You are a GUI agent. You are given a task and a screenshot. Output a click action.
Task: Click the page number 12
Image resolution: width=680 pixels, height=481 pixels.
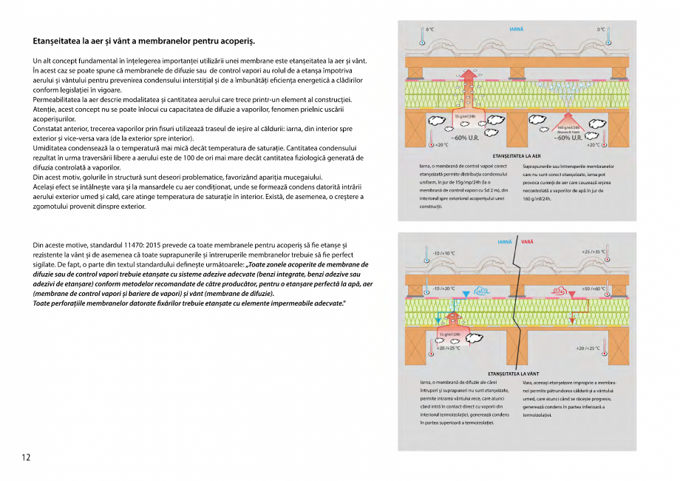[x=26, y=457]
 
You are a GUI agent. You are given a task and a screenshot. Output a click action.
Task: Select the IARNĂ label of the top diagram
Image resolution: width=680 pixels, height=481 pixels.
[x=517, y=29]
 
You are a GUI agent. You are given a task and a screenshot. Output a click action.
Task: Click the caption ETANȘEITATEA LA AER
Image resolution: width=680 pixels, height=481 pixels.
[x=517, y=157]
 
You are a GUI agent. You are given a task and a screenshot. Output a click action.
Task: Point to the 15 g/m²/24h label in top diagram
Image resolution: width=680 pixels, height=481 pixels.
[x=464, y=116]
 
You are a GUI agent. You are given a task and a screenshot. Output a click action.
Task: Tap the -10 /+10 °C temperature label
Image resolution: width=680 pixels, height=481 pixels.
[x=443, y=252]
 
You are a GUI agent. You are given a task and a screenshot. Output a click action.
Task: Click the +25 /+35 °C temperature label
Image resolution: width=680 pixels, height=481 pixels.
[x=593, y=252]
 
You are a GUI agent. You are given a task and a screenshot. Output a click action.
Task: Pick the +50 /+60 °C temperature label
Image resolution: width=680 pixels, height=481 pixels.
[x=594, y=288]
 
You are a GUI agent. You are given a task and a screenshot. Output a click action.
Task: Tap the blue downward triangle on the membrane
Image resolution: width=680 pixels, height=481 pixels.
[x=465, y=295]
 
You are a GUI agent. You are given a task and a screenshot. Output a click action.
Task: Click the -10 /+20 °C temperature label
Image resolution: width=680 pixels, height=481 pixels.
[x=443, y=288]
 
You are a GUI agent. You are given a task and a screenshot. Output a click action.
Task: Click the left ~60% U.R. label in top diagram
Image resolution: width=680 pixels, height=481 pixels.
[x=466, y=138]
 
